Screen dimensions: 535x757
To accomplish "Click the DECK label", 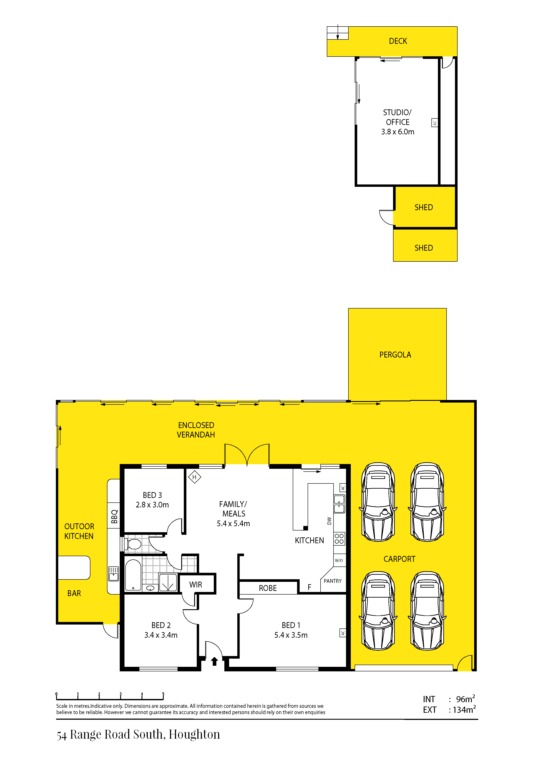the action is tap(398, 41).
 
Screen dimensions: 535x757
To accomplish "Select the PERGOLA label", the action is tap(395, 355).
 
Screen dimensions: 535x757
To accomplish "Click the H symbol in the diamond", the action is tap(195, 477).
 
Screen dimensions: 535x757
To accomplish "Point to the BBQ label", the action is tap(114, 517).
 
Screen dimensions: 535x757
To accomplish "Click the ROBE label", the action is tap(268, 588).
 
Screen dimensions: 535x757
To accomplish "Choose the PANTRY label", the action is tap(333, 581).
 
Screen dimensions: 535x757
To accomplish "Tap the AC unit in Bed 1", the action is tap(343, 633).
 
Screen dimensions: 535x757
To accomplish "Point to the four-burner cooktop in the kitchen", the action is tap(339, 538).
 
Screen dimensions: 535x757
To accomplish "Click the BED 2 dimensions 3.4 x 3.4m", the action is tap(161, 635).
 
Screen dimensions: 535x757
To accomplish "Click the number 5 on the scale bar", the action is tap(163, 694).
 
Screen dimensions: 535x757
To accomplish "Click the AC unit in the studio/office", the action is tap(435, 123).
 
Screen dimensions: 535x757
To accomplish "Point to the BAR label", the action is tap(74, 593).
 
